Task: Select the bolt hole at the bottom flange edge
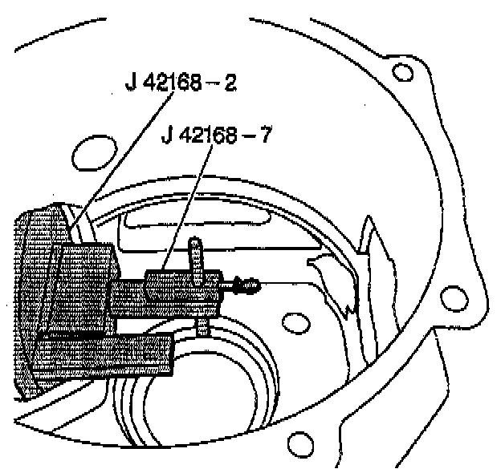pos(301,442)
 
